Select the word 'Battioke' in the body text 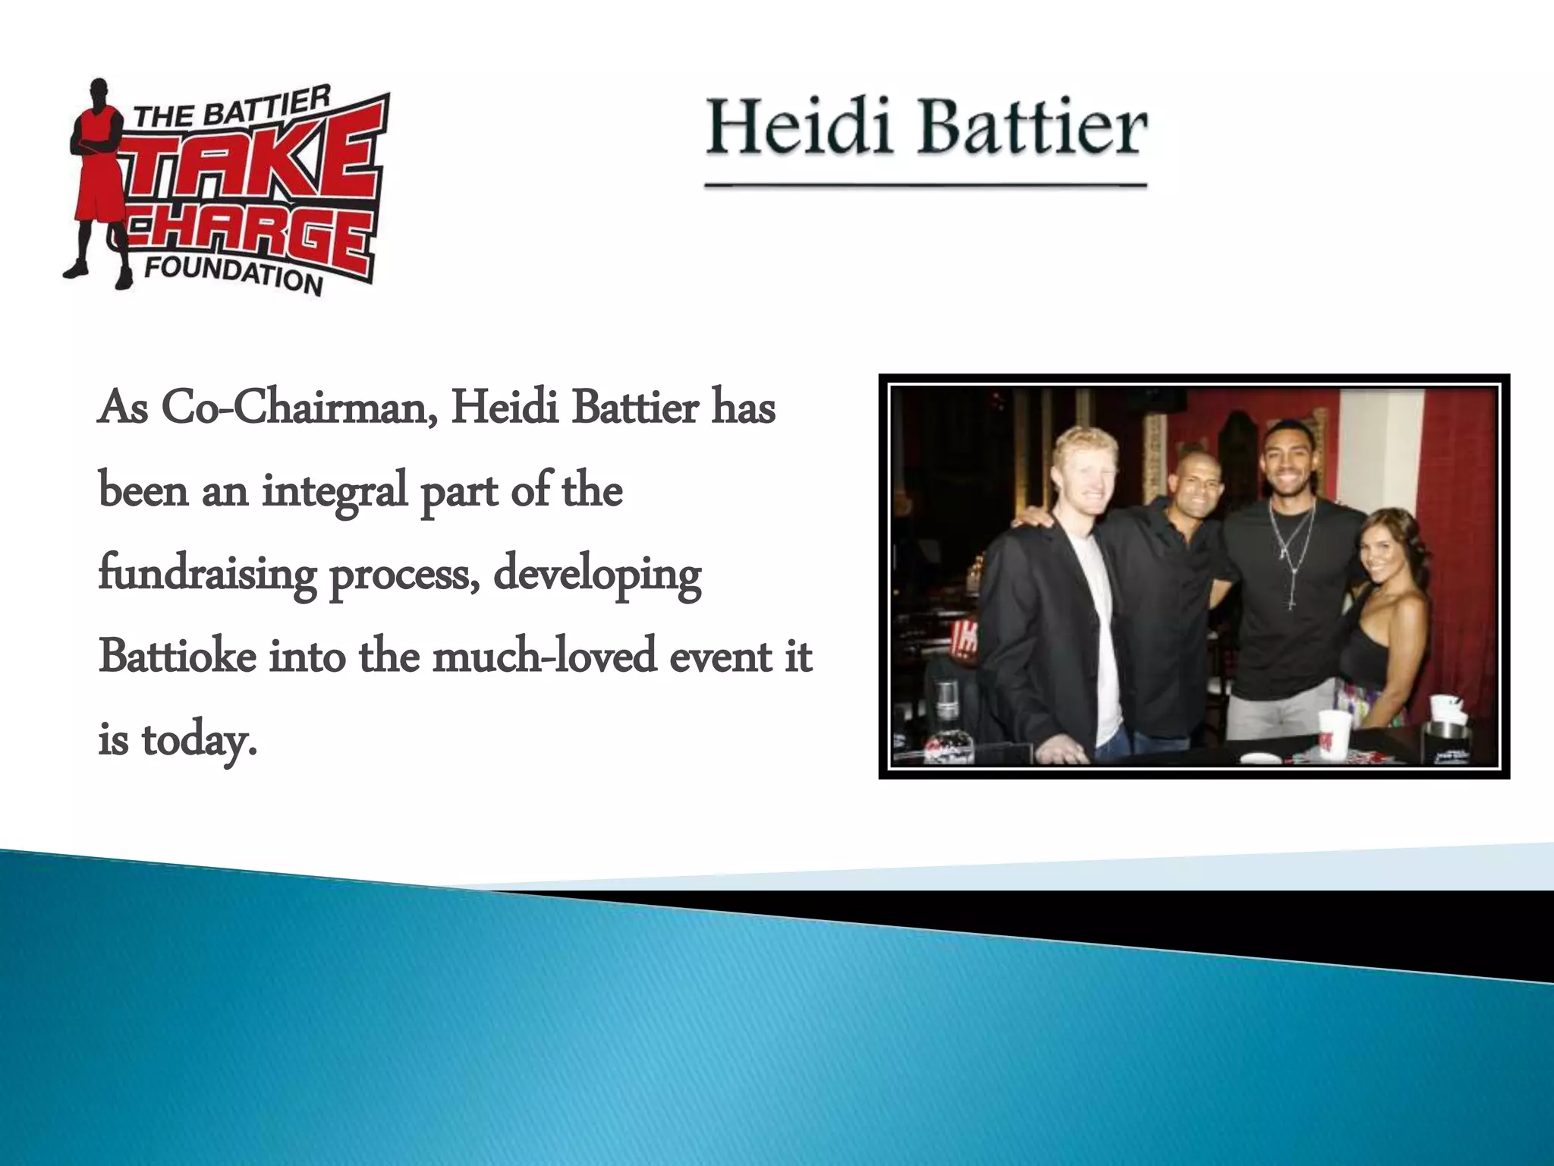pyautogui.click(x=177, y=657)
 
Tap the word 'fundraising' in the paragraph pyautogui.click(x=206, y=575)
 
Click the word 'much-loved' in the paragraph pyautogui.click(x=543, y=657)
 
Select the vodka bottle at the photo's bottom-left pyautogui.click(x=947, y=721)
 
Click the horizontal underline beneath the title pyautogui.click(x=926, y=184)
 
